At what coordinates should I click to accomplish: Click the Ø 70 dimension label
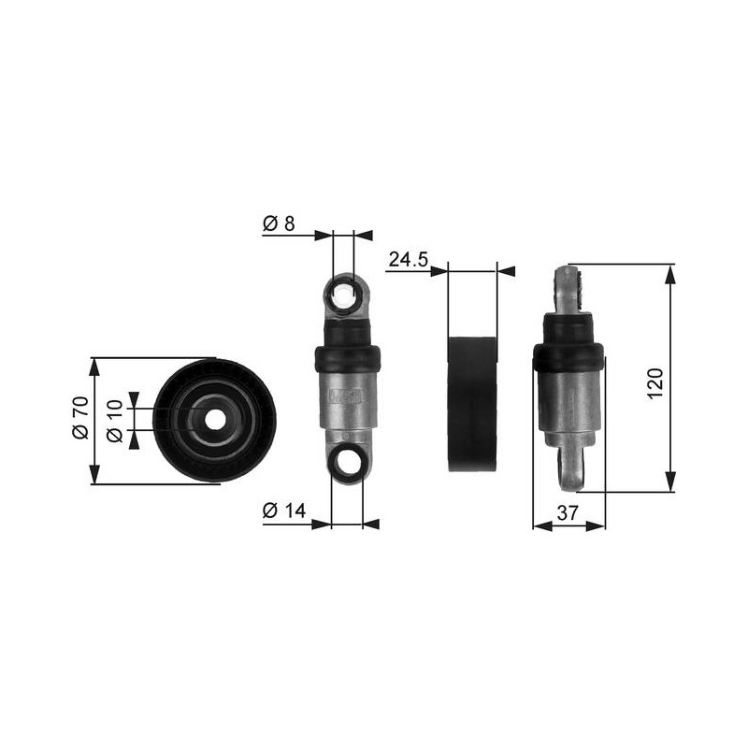[80, 417]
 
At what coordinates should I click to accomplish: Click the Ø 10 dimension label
[114, 422]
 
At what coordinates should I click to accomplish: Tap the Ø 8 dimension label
[279, 223]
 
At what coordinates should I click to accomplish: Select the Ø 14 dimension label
[284, 511]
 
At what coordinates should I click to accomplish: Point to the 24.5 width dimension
[409, 260]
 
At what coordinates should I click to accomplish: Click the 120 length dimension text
[655, 383]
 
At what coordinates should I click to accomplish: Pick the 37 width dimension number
[568, 512]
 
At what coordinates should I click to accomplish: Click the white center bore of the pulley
[215, 420]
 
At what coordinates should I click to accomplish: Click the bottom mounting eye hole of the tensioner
[347, 461]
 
